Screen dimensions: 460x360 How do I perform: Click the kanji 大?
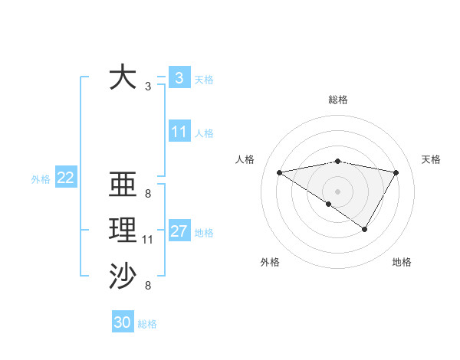point(123,78)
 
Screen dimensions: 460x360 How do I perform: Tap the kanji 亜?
point(123,185)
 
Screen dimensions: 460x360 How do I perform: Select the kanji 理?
point(123,231)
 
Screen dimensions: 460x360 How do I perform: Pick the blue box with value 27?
point(179,231)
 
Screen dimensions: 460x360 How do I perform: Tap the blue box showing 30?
point(123,322)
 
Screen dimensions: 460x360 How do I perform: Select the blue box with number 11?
point(179,132)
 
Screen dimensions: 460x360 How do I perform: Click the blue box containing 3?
point(179,77)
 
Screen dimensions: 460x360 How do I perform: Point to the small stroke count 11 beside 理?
point(148,241)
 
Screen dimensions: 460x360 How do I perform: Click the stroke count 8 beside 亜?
point(148,194)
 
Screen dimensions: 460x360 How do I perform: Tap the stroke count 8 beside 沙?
point(148,286)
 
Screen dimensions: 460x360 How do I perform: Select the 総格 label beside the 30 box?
point(147,324)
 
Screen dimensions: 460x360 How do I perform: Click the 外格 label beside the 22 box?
point(41,179)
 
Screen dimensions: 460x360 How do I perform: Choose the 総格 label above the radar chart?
point(337,100)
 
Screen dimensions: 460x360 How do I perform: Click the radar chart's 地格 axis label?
point(402,262)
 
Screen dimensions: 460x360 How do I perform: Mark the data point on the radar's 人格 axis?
point(280,172)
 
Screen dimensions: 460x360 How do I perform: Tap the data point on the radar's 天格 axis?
point(396,172)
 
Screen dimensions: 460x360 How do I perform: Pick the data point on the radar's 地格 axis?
point(365,229)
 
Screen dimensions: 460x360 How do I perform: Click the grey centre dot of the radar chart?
point(337,191)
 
